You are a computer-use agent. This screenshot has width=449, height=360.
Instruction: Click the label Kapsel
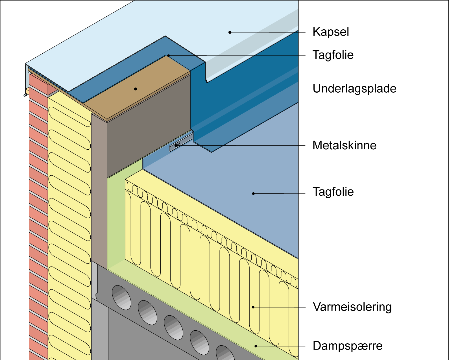pyautogui.click(x=331, y=32)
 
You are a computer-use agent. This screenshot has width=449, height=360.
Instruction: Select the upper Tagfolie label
pyautogui.click(x=333, y=55)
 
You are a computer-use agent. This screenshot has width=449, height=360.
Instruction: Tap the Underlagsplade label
pyautogui.click(x=354, y=89)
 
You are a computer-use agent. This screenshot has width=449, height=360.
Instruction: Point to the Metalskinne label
pyautogui.click(x=344, y=145)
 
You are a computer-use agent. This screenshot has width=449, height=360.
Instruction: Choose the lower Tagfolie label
pyautogui.click(x=333, y=192)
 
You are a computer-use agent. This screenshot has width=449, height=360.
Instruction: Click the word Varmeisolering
pyautogui.click(x=352, y=307)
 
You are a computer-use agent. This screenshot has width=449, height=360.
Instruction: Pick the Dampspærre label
pyautogui.click(x=347, y=346)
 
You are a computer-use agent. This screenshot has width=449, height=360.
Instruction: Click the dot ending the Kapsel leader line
pyautogui.click(x=230, y=32)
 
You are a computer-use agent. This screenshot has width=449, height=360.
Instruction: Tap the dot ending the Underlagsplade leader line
pyautogui.click(x=136, y=89)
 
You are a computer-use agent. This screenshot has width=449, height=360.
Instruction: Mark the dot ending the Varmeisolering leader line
pyautogui.click(x=253, y=307)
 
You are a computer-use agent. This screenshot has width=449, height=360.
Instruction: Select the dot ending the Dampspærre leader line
pyautogui.click(x=256, y=346)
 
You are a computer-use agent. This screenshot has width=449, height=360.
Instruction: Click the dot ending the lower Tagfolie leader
pyautogui.click(x=253, y=193)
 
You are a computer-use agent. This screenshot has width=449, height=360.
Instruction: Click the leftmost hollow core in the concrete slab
pyautogui.click(x=121, y=297)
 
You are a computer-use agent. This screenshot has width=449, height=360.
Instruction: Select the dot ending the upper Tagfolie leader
pyautogui.click(x=168, y=56)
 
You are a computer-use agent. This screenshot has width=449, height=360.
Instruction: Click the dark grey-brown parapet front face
pyautogui.click(x=147, y=133)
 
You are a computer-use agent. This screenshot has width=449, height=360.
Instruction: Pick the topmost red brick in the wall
pyautogui.click(x=38, y=82)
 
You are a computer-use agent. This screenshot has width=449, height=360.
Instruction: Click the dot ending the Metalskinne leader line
pyautogui.click(x=176, y=146)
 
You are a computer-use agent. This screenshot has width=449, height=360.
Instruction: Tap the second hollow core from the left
pyautogui.click(x=147, y=312)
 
